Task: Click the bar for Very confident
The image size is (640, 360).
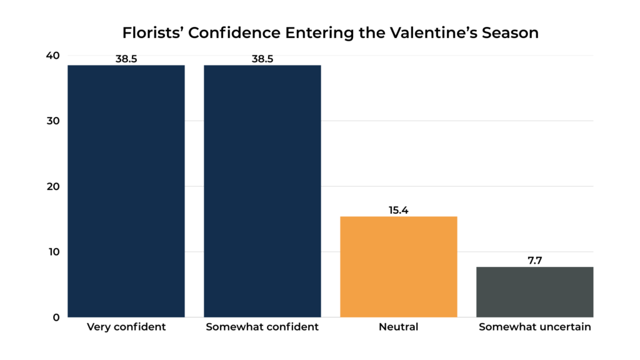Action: [126, 191]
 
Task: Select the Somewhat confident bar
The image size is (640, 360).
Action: [262, 191]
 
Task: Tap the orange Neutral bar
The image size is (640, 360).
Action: [399, 266]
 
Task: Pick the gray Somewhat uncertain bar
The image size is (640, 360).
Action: [535, 292]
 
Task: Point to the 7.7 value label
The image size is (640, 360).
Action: [535, 261]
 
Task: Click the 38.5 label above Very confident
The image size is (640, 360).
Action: [126, 59]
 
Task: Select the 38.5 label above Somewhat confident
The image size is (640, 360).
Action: [262, 59]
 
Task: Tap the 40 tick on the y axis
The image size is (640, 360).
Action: [52, 56]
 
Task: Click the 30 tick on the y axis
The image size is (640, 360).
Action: [52, 121]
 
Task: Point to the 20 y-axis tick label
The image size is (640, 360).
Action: [52, 186]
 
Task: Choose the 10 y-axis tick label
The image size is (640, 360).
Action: [52, 252]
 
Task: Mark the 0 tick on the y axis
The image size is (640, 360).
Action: [56, 317]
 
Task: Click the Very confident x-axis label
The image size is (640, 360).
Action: [126, 327]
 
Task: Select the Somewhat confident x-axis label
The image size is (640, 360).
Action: [262, 327]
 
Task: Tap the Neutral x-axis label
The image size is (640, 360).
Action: [399, 327]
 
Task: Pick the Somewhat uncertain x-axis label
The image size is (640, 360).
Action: [535, 327]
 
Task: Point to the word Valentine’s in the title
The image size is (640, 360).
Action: [428, 32]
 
